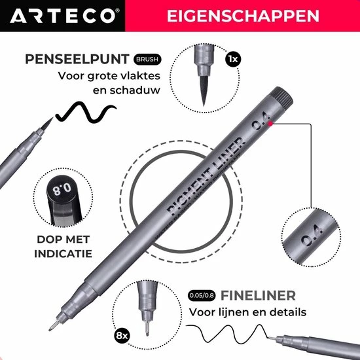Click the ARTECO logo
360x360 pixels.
65,16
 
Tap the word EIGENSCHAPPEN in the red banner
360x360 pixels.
243,16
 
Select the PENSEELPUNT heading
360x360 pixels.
77,59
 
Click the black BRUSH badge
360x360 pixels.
147,59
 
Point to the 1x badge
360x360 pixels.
233,59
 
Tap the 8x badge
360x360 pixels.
122,336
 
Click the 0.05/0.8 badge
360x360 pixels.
202,295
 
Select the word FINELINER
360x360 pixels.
258,295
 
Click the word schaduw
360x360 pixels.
126,90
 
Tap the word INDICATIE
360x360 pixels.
63,254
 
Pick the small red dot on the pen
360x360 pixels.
271,124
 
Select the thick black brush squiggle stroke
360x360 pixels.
86,112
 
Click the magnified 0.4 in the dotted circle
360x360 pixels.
312,236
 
